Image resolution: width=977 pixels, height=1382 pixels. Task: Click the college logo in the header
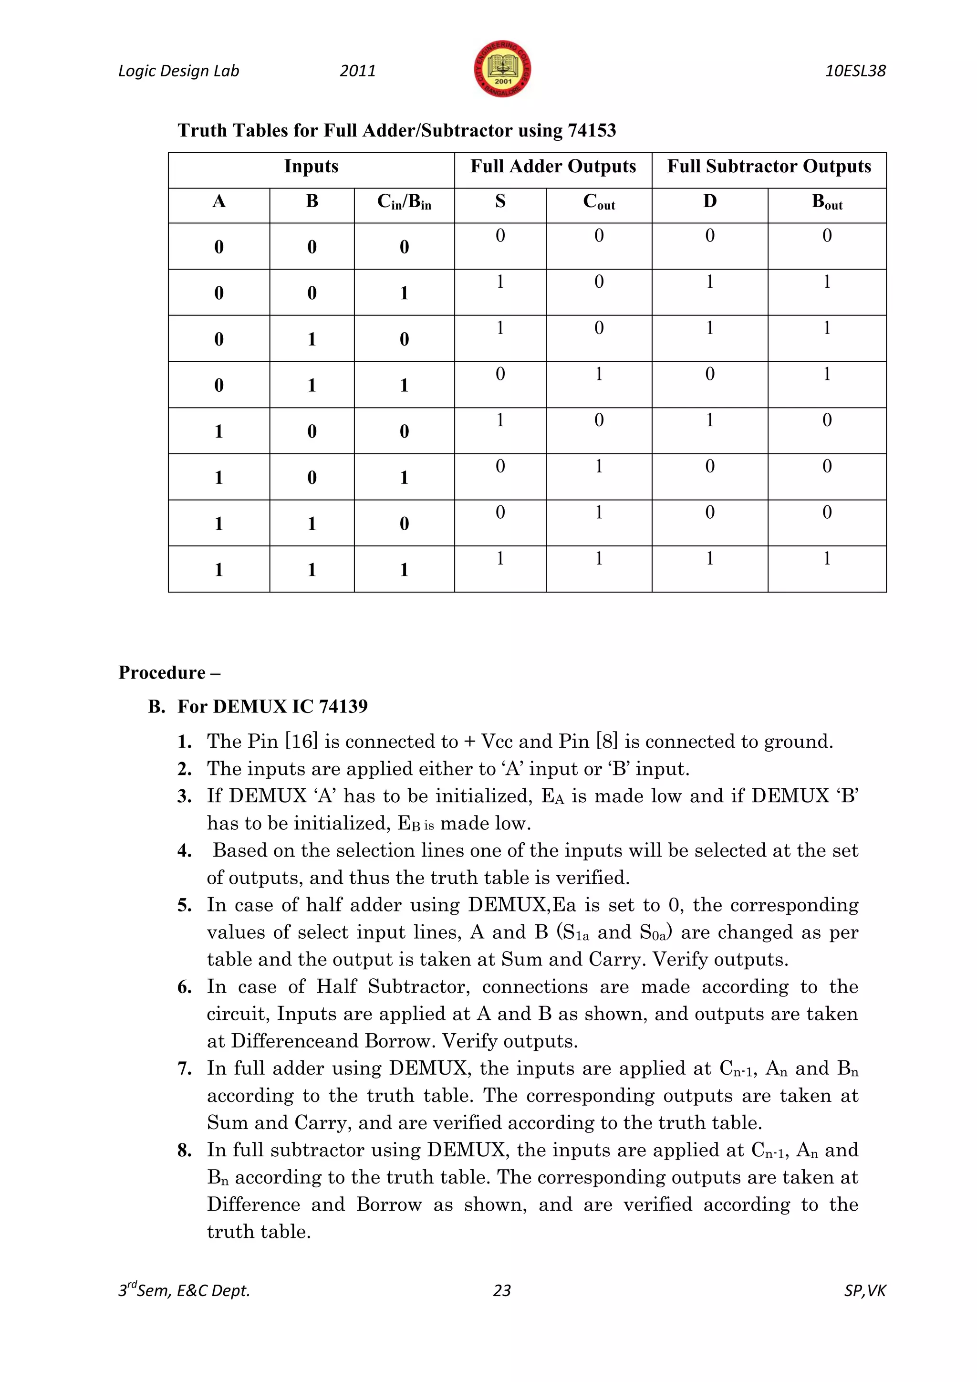502,69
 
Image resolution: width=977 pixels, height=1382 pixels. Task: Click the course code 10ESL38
855,71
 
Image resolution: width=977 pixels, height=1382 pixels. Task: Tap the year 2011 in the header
357,71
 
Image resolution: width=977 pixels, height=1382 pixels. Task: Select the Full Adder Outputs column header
553,167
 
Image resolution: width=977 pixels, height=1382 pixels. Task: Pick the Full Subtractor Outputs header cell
769,167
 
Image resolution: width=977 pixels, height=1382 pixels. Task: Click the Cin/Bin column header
404,202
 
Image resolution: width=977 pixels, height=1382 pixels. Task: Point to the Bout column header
827,202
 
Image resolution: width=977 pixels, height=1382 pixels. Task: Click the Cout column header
599,202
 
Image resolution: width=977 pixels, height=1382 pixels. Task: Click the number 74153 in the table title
592,131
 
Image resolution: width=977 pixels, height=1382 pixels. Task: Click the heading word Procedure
162,672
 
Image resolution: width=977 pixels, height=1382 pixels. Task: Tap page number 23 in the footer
502,1290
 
